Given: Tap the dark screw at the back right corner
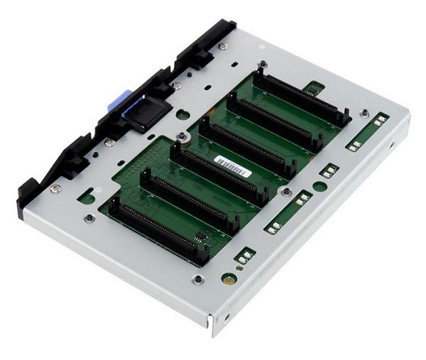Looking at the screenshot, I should (x=364, y=112).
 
